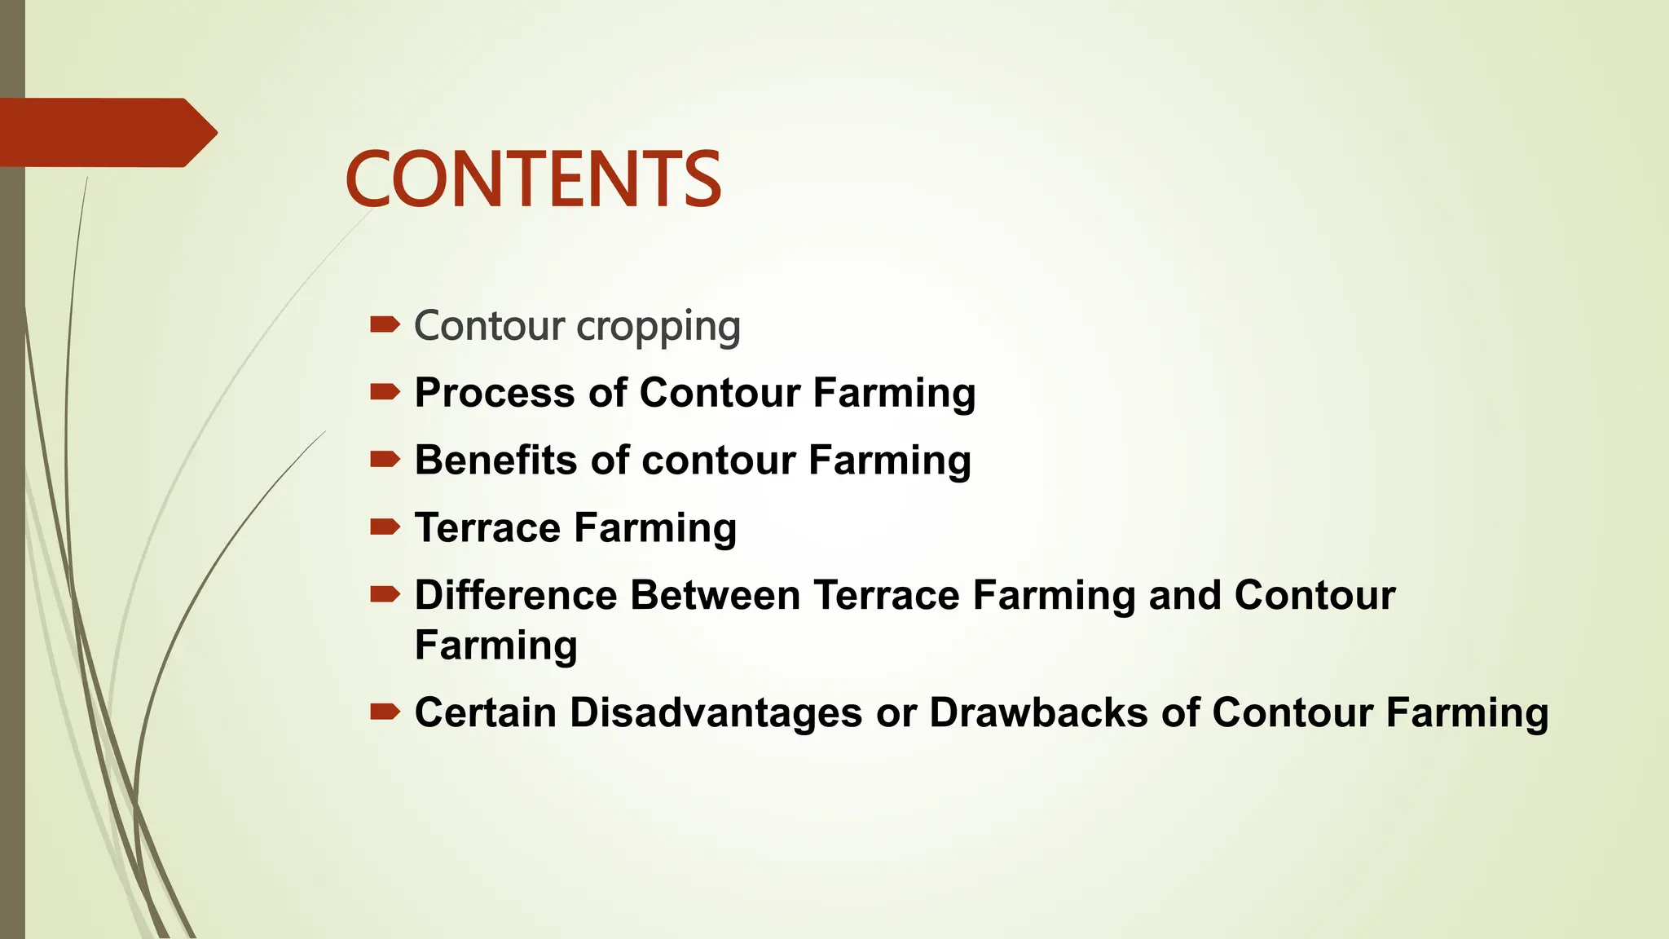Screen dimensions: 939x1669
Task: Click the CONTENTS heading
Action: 533,179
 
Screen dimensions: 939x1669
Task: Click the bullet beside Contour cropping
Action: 385,326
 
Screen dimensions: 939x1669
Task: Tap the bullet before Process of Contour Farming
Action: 385,393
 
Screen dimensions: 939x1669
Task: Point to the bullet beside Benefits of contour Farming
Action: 385,461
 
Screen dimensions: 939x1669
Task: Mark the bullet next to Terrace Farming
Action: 385,528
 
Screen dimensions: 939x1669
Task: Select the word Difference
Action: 516,595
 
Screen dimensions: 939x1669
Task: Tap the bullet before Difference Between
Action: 385,595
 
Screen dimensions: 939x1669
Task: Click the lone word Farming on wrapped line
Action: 496,646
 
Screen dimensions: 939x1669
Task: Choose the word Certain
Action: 486,712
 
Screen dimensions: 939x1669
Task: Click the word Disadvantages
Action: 716,712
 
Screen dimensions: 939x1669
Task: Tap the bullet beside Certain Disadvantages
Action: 385,712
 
